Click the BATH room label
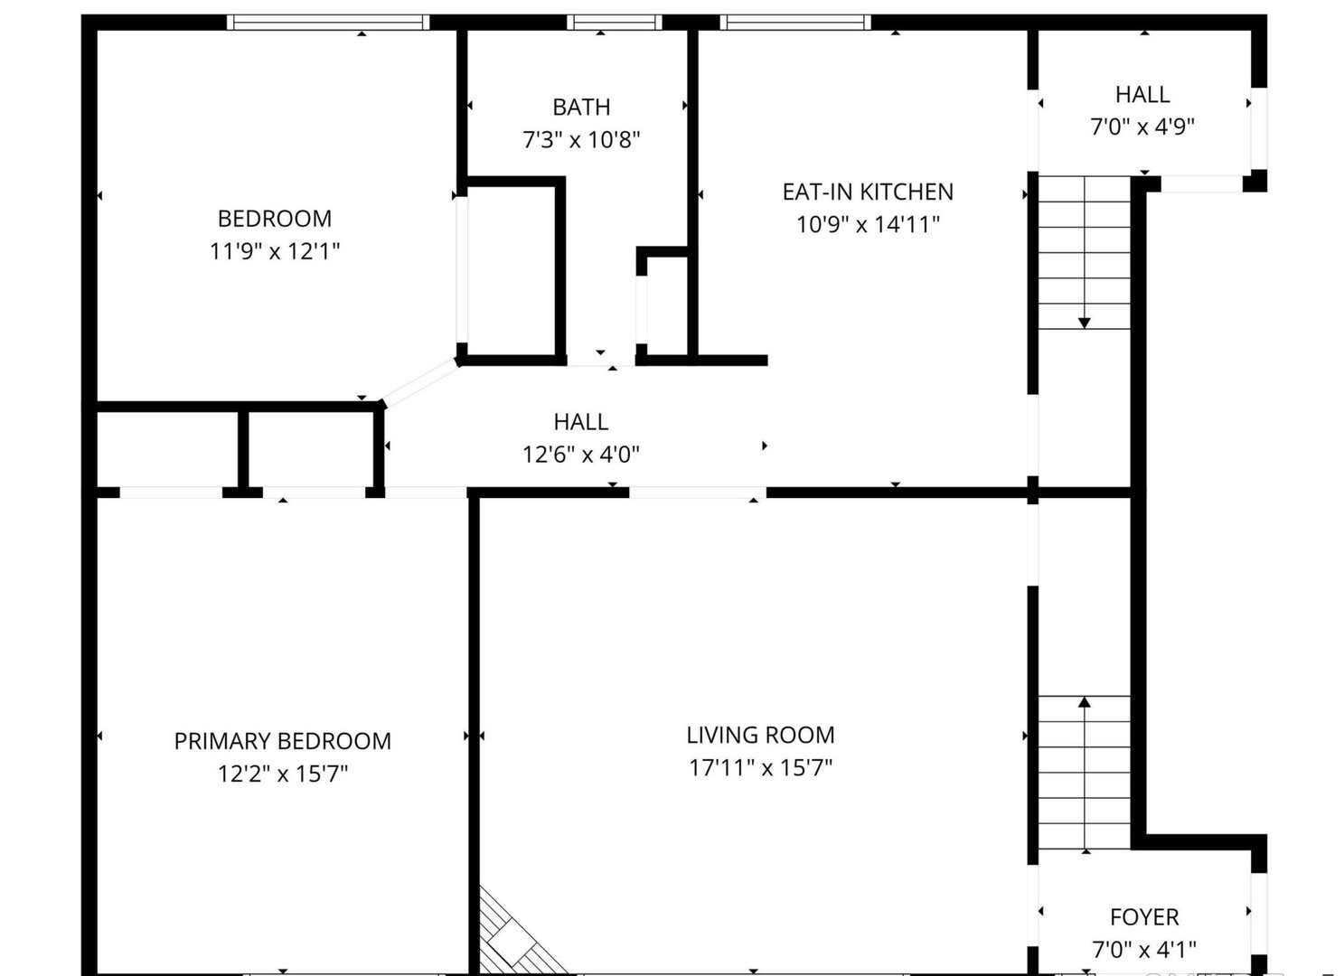click(x=581, y=107)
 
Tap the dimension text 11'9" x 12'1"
click(x=275, y=251)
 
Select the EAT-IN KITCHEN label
click(x=868, y=192)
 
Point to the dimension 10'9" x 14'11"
click(x=868, y=224)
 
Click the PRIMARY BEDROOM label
click(x=282, y=741)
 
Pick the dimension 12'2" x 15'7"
click(x=282, y=774)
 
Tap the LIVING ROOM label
click(x=760, y=735)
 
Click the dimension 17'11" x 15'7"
click(x=760, y=768)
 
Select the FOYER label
click(x=1144, y=917)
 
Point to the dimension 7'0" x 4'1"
click(x=1144, y=950)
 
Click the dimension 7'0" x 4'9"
click(x=1142, y=127)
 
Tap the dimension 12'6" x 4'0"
click(x=581, y=455)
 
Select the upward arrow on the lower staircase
click(x=1085, y=702)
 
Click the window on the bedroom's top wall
click(x=327, y=23)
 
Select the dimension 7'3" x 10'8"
click(x=581, y=140)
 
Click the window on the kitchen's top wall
click(x=795, y=23)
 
